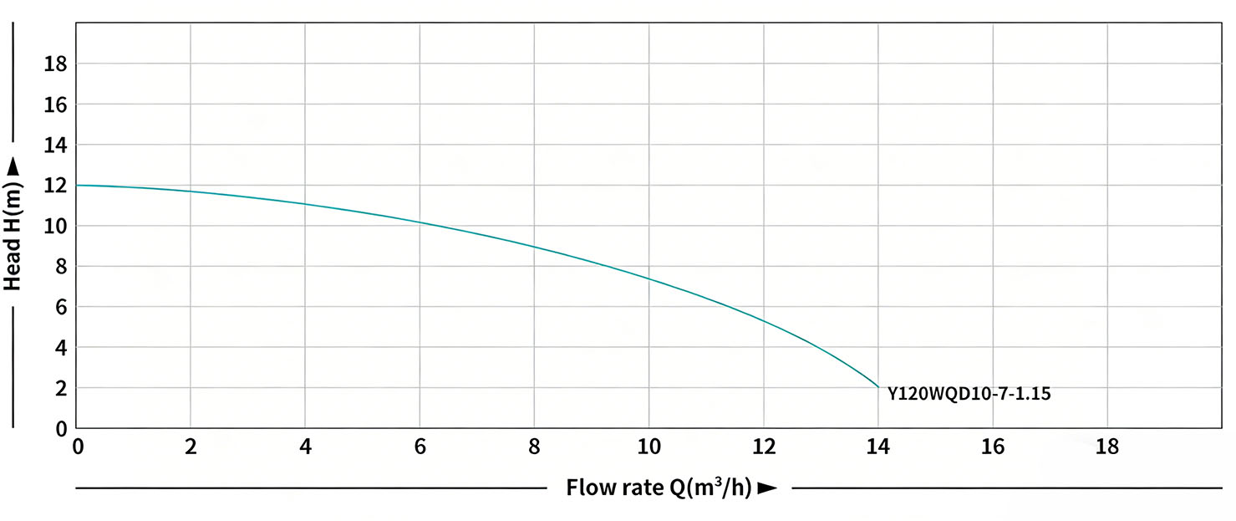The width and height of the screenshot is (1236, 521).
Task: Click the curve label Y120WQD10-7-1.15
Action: (969, 394)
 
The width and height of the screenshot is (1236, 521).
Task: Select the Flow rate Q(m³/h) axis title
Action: (659, 488)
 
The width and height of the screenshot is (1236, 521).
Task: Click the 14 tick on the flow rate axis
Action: (878, 447)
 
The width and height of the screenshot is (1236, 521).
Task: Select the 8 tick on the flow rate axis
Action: (535, 447)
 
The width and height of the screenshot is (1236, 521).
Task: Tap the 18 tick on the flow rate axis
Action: (1107, 447)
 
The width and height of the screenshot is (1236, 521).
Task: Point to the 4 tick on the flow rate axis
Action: (305, 447)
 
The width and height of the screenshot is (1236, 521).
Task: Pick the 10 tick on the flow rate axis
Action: (649, 447)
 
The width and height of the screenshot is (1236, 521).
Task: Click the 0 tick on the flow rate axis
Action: (78, 447)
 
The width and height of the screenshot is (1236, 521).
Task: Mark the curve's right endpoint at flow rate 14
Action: (878, 387)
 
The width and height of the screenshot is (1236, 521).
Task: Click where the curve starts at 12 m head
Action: (77, 185)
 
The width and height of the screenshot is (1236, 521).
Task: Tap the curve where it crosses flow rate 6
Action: (420, 222)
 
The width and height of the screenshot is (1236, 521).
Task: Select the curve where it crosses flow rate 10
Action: (649, 278)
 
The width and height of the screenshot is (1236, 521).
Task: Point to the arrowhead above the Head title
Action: (13, 170)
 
